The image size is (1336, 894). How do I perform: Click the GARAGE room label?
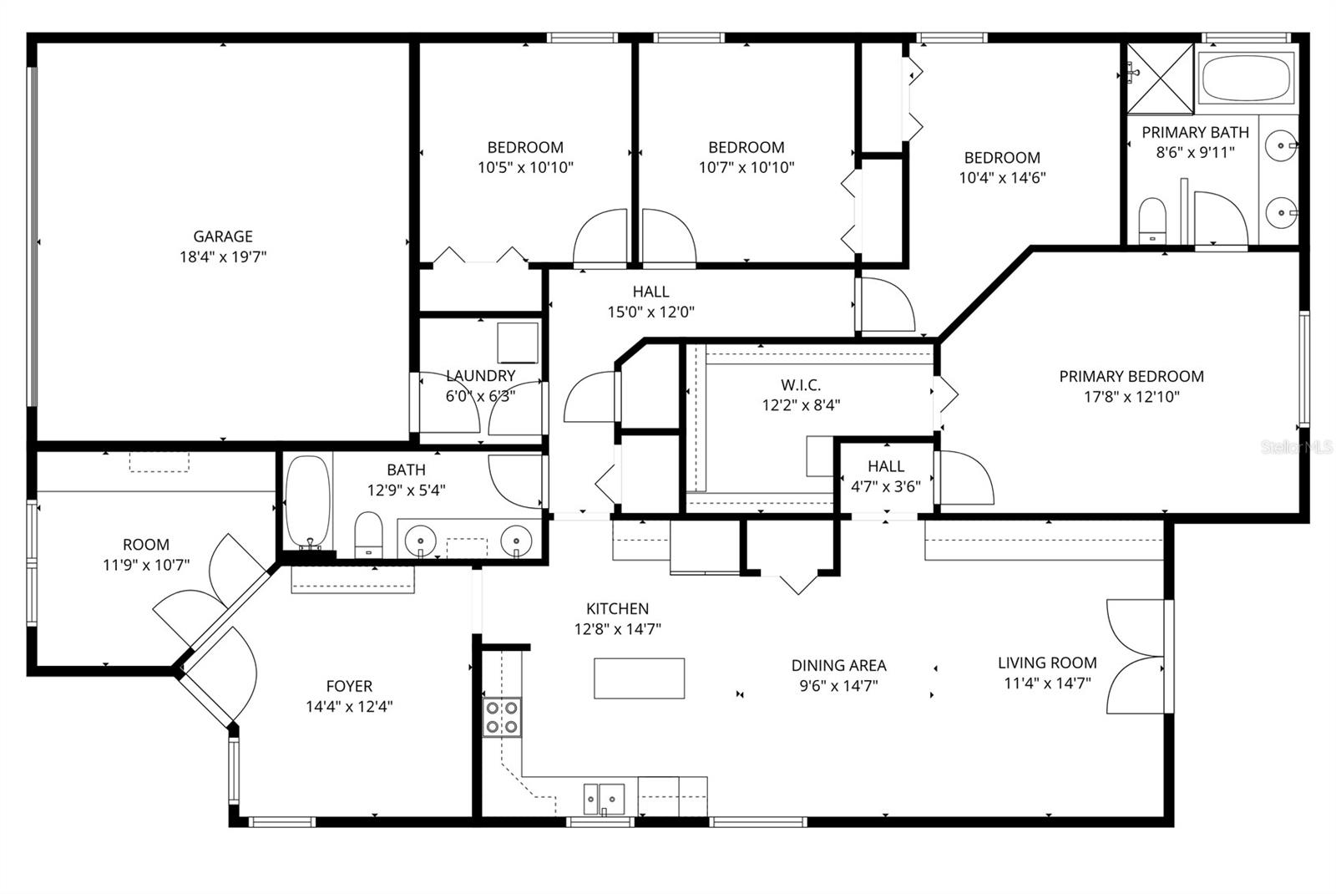222,236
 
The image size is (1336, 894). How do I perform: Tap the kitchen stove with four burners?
502,717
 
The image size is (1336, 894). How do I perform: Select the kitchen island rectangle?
639,678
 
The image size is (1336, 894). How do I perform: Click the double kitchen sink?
604,798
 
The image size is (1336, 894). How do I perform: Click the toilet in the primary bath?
1152,220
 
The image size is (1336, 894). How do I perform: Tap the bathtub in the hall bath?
307,502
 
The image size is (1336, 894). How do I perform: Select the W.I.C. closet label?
801,385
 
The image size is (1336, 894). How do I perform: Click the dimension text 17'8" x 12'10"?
1131,397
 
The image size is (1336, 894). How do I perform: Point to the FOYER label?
349,686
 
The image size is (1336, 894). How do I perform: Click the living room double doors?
1136,656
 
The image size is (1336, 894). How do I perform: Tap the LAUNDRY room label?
480,376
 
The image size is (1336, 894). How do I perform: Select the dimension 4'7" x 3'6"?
885,486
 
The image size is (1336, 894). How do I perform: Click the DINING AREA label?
838,665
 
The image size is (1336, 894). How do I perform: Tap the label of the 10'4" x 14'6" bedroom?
1002,157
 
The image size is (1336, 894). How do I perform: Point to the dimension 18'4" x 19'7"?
222,257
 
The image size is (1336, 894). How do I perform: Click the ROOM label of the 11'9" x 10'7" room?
146,545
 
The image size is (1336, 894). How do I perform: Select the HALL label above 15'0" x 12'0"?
650,292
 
